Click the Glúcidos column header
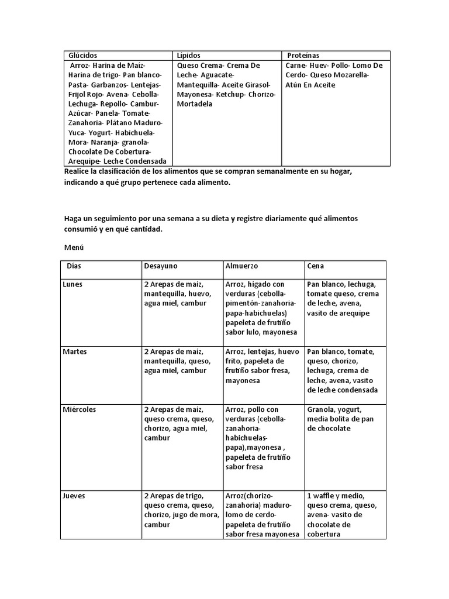[83, 55]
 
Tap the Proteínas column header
[303, 55]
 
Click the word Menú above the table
[73, 247]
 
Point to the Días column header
[74, 266]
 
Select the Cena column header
[316, 266]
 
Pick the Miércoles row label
[80, 409]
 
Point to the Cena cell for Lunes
[342, 298]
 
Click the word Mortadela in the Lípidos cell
[195, 104]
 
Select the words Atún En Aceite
[310, 85]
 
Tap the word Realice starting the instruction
[77, 171]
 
